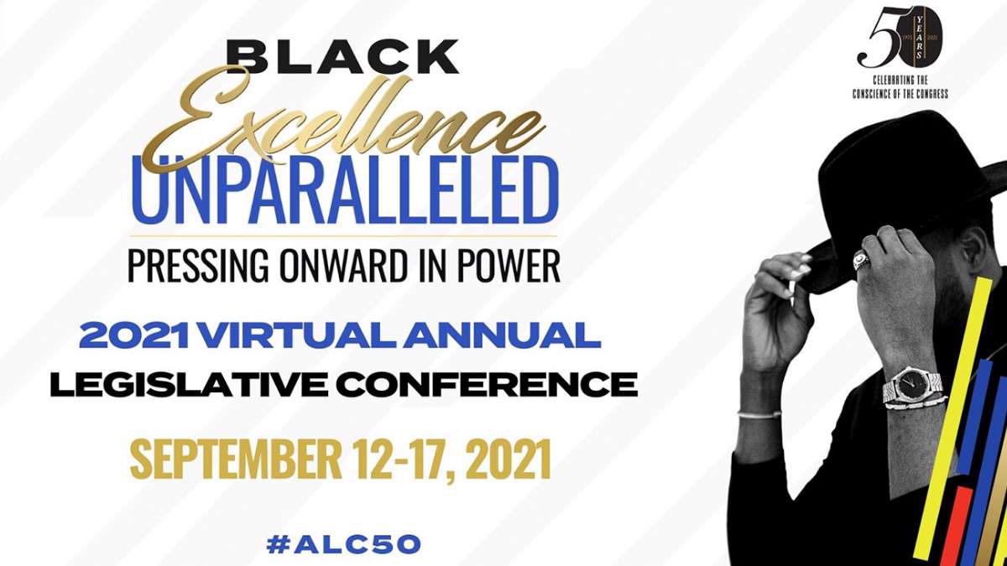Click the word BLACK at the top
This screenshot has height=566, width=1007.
pos(342,57)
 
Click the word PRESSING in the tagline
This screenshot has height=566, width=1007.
pos(198,266)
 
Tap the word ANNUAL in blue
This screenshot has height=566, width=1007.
pos(501,336)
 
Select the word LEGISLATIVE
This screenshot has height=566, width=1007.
pos(189,385)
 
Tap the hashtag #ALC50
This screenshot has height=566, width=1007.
pos(344,544)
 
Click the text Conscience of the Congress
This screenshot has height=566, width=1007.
pos(900,94)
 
